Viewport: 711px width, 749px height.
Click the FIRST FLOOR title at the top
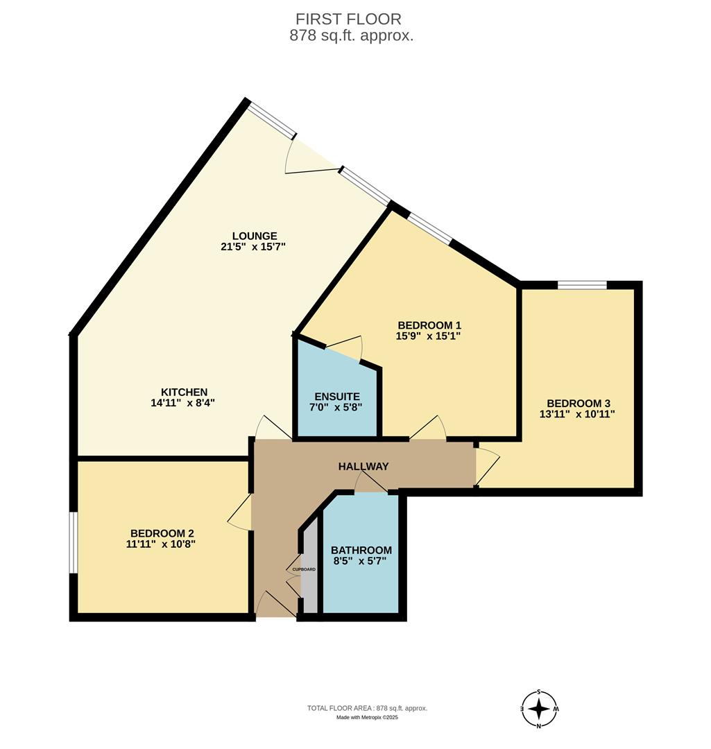tap(348, 19)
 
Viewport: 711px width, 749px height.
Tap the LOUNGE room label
tap(255, 236)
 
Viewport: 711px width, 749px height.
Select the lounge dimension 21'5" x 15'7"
tap(255, 246)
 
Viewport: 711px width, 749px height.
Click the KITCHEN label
tap(185, 392)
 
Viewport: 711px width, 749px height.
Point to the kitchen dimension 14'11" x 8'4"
tap(185, 402)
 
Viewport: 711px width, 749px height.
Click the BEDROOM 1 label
tap(429, 325)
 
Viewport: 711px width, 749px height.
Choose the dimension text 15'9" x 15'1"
tap(429, 336)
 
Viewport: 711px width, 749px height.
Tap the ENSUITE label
tap(336, 397)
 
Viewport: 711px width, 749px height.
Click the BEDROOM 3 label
tap(579, 404)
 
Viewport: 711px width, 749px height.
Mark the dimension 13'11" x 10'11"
tap(579, 415)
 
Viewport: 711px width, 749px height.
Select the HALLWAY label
tap(363, 466)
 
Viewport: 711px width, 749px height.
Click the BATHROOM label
tap(361, 550)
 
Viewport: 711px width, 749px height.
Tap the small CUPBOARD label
tap(304, 569)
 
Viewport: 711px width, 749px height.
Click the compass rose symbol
tap(539, 709)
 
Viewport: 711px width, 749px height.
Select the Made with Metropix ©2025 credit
tap(368, 718)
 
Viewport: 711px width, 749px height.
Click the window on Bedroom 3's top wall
tap(582, 284)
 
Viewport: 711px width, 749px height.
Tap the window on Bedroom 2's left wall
tap(73, 542)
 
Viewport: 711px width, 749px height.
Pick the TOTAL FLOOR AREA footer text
tap(368, 708)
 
